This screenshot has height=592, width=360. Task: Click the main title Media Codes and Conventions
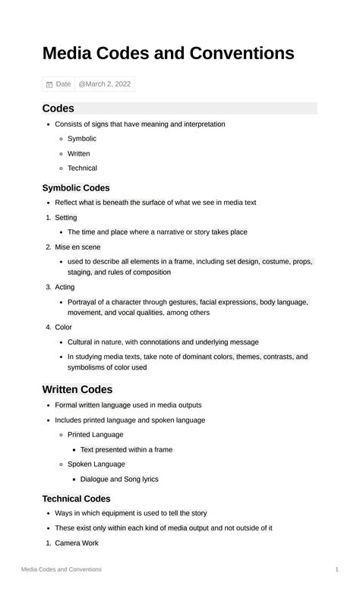168,53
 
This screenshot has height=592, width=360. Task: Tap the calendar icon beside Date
49,84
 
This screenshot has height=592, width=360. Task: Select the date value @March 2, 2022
105,84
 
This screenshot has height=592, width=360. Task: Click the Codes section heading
58,109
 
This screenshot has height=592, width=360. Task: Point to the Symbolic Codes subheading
76,187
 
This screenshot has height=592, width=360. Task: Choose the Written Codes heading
77,389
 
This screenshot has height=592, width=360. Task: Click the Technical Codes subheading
76,499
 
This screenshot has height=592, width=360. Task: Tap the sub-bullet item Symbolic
82,139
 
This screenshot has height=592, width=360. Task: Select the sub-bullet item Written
78,153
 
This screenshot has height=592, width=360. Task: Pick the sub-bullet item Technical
82,168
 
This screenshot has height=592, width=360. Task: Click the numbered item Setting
66,218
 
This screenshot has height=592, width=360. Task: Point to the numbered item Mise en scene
77,247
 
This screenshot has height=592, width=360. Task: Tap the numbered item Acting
65,287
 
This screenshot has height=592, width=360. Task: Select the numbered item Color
63,327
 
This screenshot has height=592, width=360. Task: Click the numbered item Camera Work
77,543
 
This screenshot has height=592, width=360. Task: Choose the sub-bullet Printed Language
95,435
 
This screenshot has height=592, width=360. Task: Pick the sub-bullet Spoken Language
96,464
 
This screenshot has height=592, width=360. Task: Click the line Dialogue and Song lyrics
119,479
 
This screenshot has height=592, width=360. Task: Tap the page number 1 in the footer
336,569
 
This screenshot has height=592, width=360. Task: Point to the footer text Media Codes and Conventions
62,569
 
